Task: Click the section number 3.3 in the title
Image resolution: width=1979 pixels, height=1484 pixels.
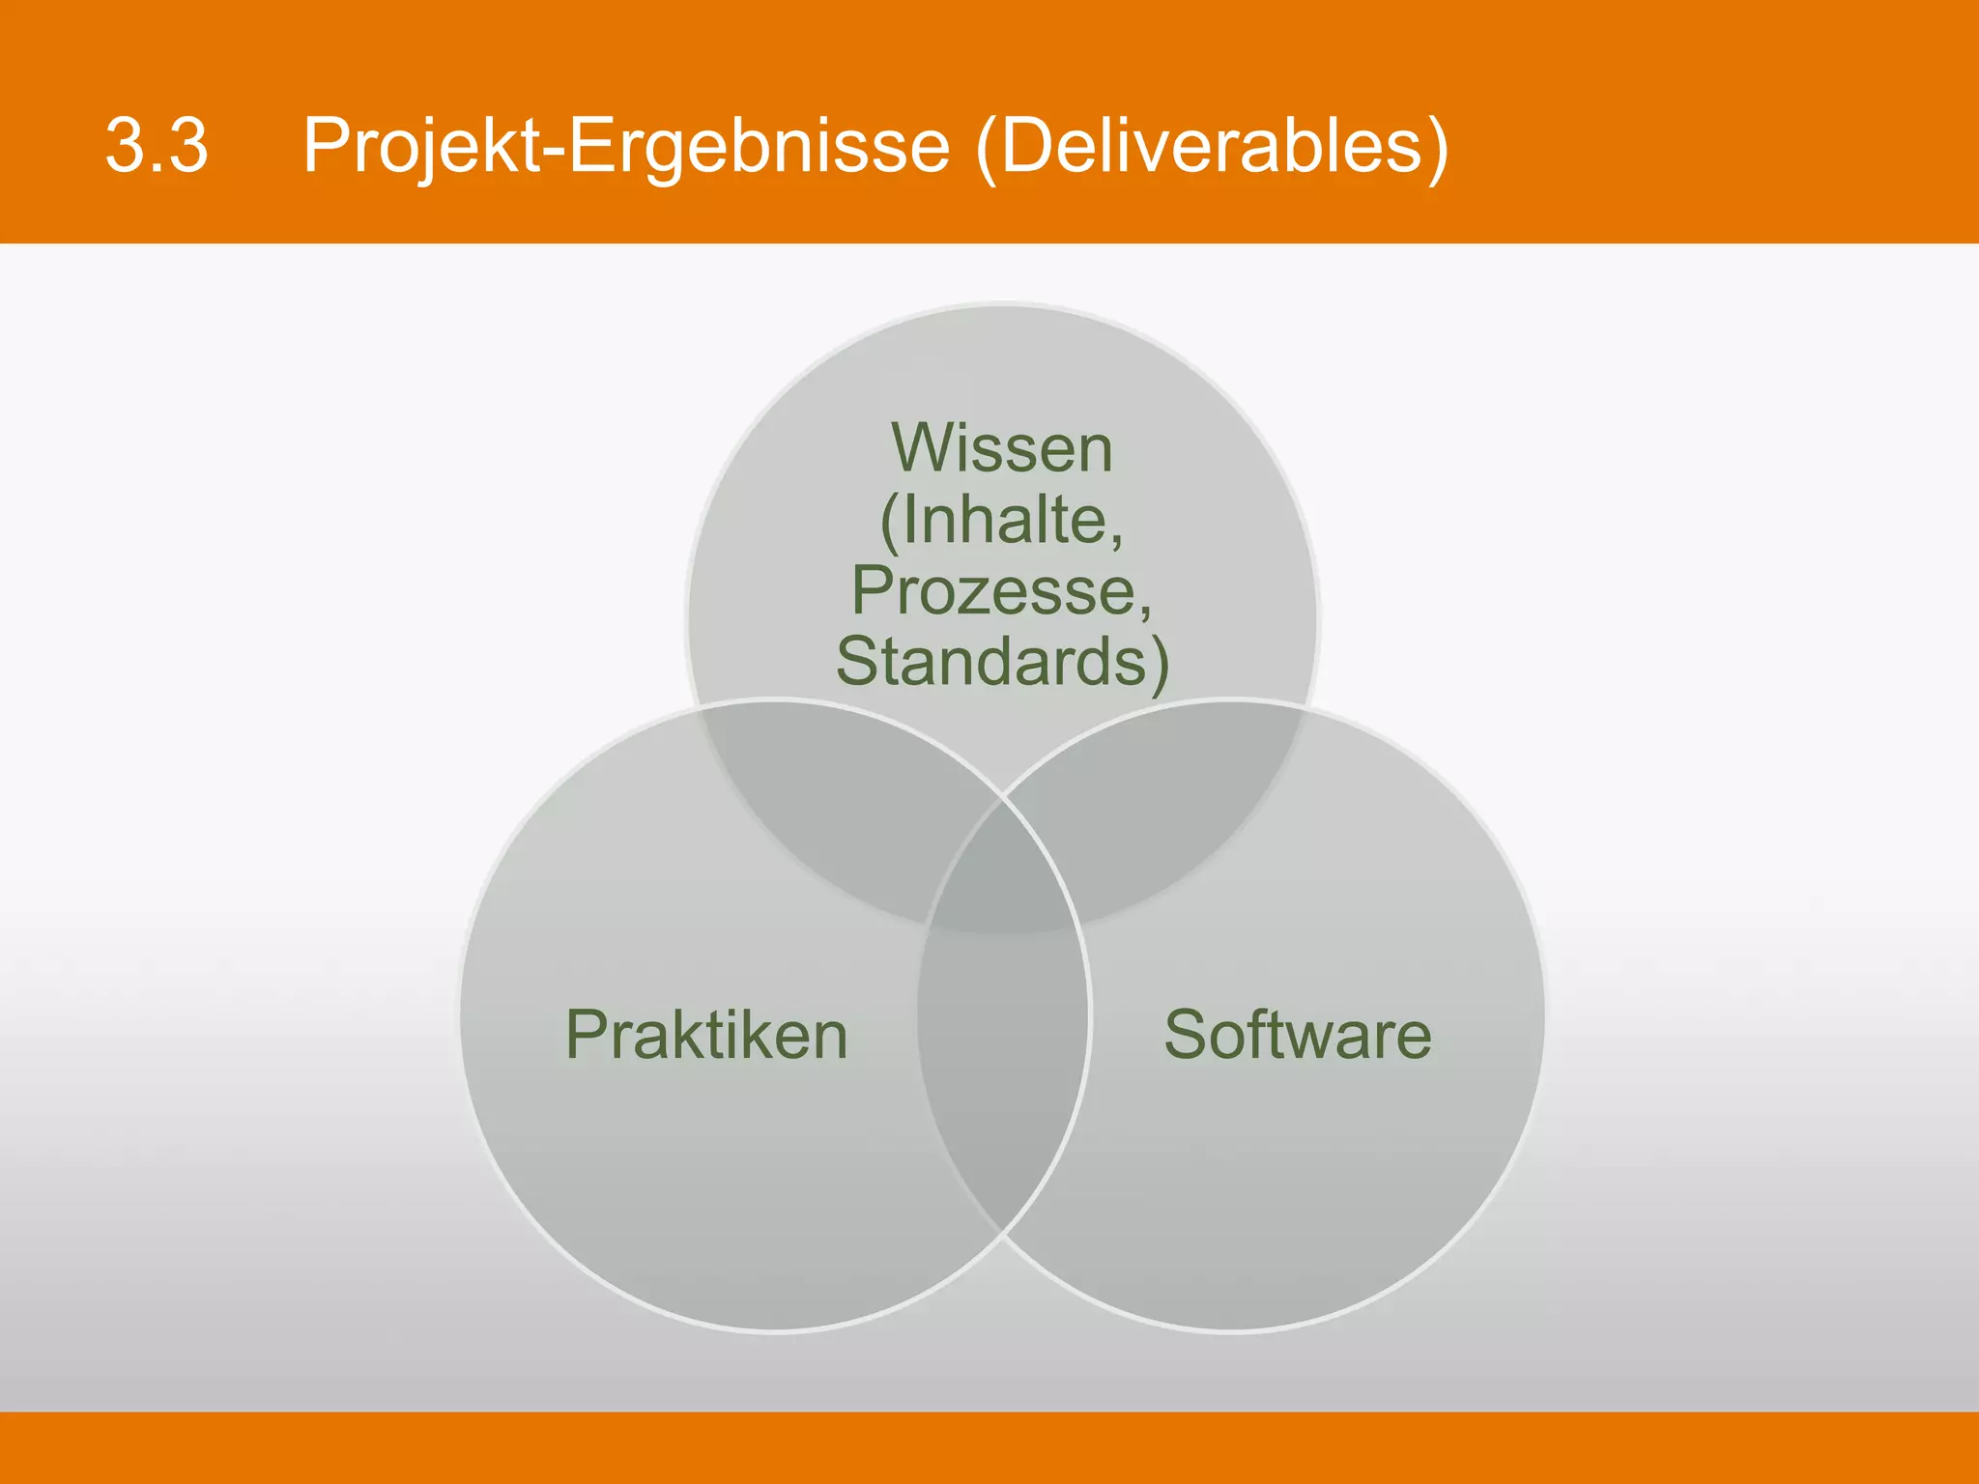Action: (x=157, y=146)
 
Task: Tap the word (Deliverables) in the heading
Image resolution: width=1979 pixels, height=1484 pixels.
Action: (x=1212, y=146)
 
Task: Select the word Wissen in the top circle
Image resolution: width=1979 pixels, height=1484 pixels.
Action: (x=1002, y=448)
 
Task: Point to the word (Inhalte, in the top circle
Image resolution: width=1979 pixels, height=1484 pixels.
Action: (x=1002, y=521)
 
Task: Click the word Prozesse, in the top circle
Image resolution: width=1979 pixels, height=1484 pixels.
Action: (x=1002, y=591)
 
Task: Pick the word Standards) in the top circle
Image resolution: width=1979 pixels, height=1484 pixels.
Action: (x=1002, y=663)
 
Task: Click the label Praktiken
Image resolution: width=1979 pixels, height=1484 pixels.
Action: (x=706, y=1035)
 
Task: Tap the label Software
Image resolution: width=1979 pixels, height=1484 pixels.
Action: (x=1297, y=1035)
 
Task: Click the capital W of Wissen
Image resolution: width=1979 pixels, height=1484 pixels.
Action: (x=921, y=448)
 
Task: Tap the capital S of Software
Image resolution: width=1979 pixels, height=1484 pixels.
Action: (x=1186, y=1035)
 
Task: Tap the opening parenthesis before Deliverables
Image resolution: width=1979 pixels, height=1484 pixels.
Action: (x=987, y=148)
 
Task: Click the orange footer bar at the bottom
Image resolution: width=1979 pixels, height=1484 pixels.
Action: (x=989, y=1447)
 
